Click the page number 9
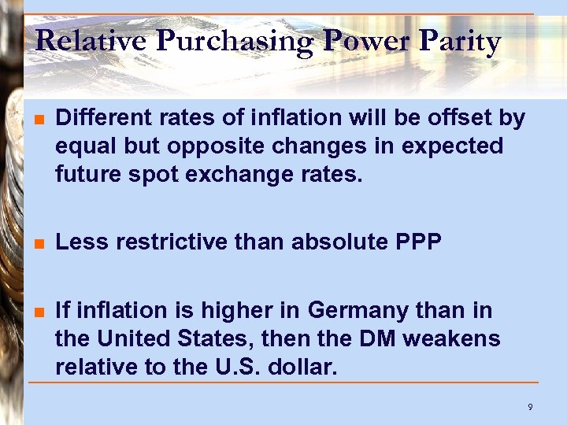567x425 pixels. [530, 407]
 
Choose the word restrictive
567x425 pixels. [180, 242]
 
